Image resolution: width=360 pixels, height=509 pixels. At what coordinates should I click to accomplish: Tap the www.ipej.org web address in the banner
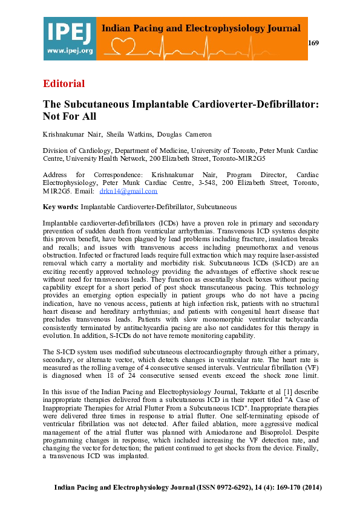click(x=69, y=51)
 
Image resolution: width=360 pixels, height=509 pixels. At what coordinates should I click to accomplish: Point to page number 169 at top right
click(x=313, y=43)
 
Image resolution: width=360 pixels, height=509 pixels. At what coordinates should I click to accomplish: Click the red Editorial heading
click(x=64, y=83)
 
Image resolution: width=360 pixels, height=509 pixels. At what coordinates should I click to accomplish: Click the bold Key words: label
click(x=61, y=207)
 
